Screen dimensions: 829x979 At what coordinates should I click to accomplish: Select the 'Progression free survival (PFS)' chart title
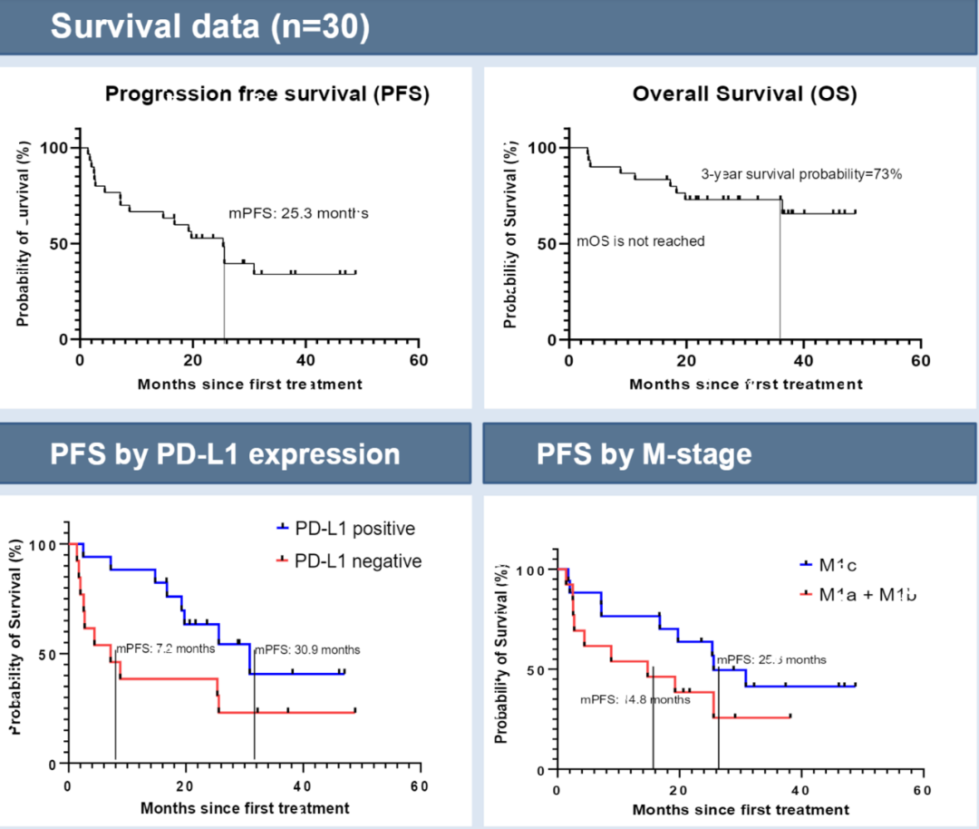[x=267, y=94]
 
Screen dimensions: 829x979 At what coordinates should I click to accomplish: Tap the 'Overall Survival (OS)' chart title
[x=744, y=94]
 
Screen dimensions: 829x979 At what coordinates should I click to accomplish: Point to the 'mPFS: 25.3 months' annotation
[x=298, y=213]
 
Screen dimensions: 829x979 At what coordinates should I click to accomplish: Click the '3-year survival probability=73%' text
[x=801, y=174]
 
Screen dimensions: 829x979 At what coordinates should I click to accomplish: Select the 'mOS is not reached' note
[x=641, y=241]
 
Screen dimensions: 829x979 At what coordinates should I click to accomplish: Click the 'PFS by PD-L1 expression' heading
[x=224, y=454]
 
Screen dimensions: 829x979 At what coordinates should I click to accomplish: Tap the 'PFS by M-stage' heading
[x=645, y=454]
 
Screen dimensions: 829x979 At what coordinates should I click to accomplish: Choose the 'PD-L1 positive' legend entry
[x=345, y=529]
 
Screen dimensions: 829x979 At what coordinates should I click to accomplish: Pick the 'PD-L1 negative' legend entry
[x=348, y=561]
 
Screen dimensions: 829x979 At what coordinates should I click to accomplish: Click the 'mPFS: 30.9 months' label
[x=307, y=649]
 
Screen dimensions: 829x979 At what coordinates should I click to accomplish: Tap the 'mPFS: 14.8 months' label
[x=635, y=699]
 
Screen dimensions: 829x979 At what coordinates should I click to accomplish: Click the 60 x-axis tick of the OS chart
[x=921, y=360]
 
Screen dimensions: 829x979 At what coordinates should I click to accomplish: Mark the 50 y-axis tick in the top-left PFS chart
[x=60, y=243]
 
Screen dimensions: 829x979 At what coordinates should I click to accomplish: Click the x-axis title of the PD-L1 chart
[x=245, y=808]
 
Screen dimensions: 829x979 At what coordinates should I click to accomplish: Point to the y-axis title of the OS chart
[x=511, y=234]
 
